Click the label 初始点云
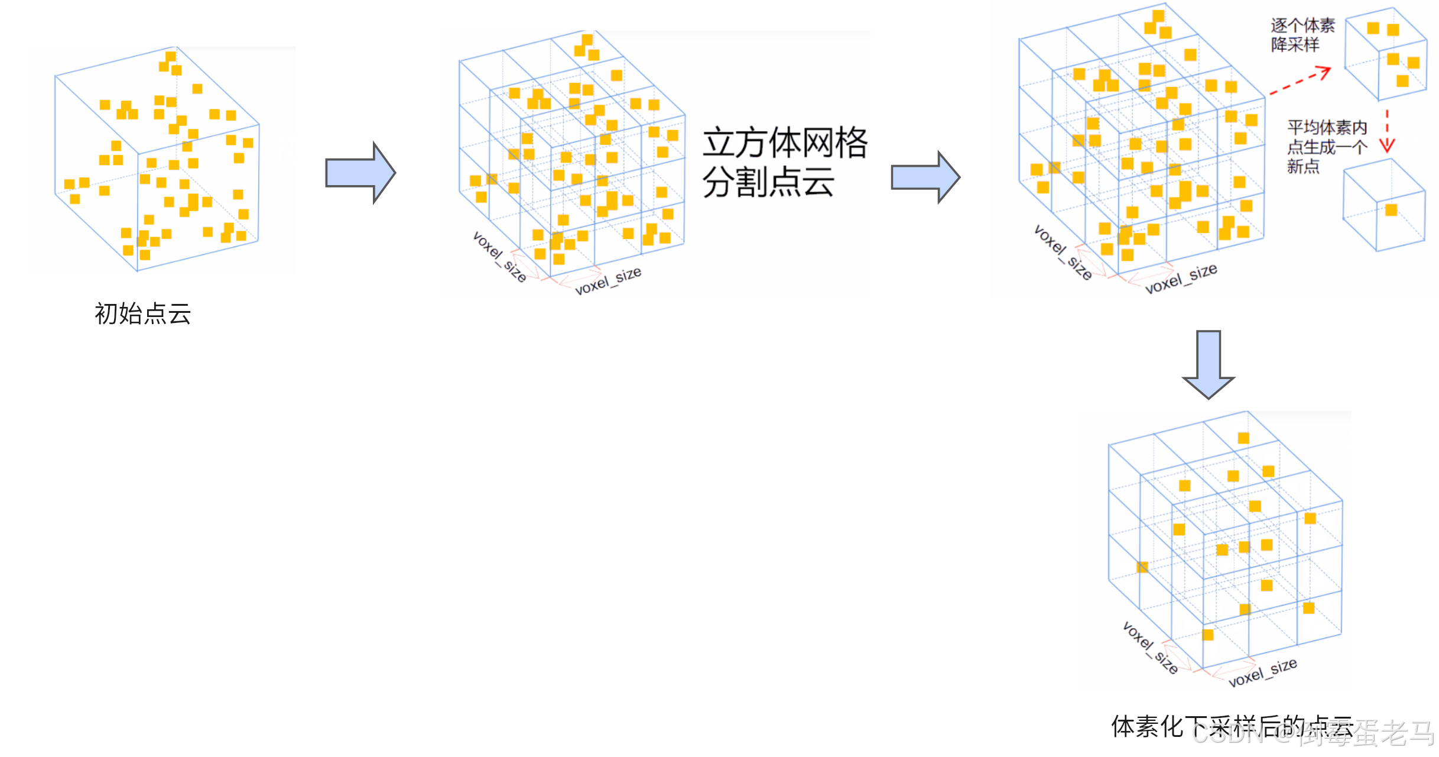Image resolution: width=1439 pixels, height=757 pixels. tap(143, 313)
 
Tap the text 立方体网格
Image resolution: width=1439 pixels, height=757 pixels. tap(785, 143)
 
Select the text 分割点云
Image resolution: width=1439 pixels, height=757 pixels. tap(768, 182)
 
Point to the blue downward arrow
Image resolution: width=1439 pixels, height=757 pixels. tap(1208, 364)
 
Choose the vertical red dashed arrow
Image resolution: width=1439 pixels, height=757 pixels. tap(1386, 131)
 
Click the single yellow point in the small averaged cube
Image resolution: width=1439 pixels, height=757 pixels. tap(1391, 210)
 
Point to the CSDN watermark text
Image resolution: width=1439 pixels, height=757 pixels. tap(1312, 733)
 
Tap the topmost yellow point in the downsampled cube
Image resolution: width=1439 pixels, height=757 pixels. tap(1243, 438)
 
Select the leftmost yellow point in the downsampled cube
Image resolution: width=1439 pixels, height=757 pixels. tap(1142, 567)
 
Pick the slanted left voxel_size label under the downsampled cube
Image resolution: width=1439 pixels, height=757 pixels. tap(1149, 648)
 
